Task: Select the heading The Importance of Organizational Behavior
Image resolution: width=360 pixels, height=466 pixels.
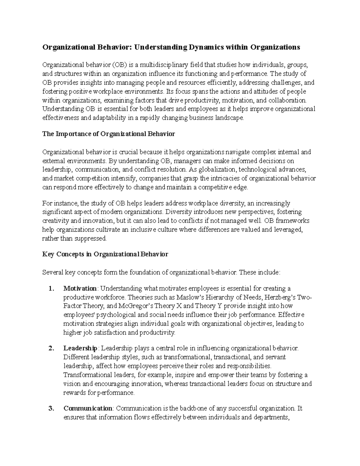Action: [109, 134]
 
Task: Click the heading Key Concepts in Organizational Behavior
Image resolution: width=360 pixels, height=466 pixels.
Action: [105, 254]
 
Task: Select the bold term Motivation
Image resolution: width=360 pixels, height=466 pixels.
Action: [80, 289]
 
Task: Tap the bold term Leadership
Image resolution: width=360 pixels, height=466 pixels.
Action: [80, 348]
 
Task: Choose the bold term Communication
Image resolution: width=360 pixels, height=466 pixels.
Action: [88, 408]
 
